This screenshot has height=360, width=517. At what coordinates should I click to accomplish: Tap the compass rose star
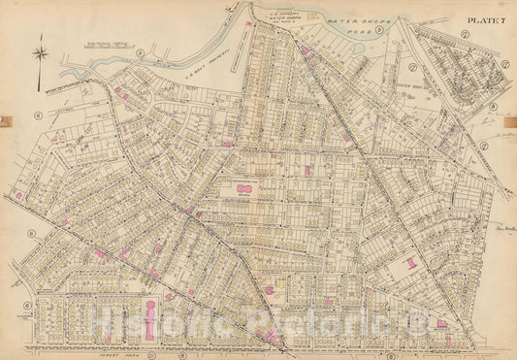40,54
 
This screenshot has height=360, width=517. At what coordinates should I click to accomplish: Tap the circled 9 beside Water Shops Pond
381,30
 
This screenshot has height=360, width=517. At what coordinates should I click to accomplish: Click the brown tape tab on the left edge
3,120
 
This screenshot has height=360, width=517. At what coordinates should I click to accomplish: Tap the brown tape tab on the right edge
513,120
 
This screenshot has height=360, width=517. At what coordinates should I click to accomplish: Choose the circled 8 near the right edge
493,107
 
